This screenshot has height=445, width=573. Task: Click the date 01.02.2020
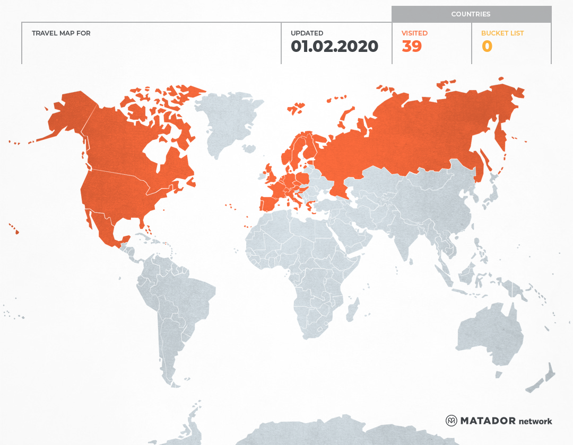334,47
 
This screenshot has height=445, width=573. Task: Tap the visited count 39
412,47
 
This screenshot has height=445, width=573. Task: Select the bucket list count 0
487,47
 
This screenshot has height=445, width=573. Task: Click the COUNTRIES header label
471,14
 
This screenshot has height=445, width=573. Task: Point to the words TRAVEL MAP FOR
61,33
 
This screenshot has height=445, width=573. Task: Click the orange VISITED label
414,33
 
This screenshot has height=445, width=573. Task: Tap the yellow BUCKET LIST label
502,33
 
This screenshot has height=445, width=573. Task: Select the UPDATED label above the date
307,33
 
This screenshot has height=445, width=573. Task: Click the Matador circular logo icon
452,421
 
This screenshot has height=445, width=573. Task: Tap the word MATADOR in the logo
488,421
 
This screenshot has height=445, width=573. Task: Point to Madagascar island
352,309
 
